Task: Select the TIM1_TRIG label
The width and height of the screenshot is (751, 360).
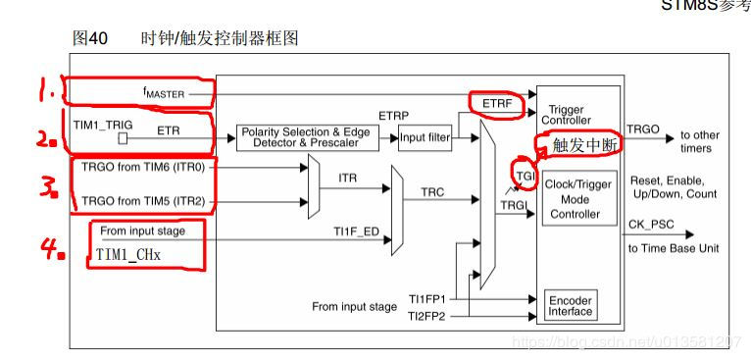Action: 102,125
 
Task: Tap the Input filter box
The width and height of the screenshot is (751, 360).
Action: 425,137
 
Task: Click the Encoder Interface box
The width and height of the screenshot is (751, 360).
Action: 570,305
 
